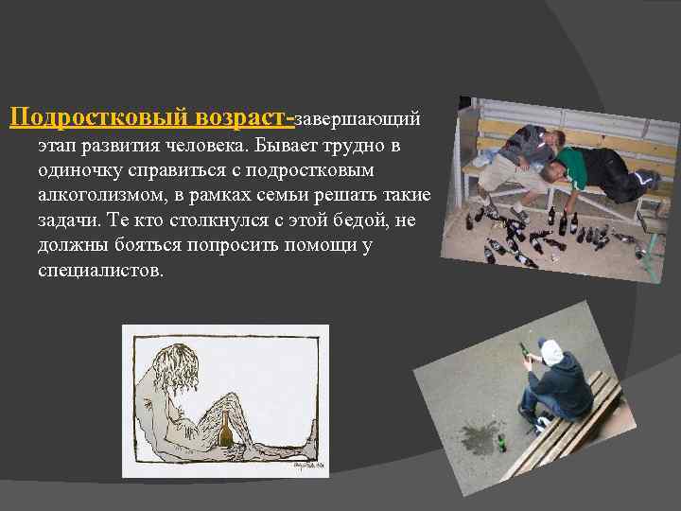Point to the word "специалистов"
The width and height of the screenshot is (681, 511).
(101, 271)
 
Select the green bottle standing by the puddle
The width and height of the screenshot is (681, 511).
(502, 442)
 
